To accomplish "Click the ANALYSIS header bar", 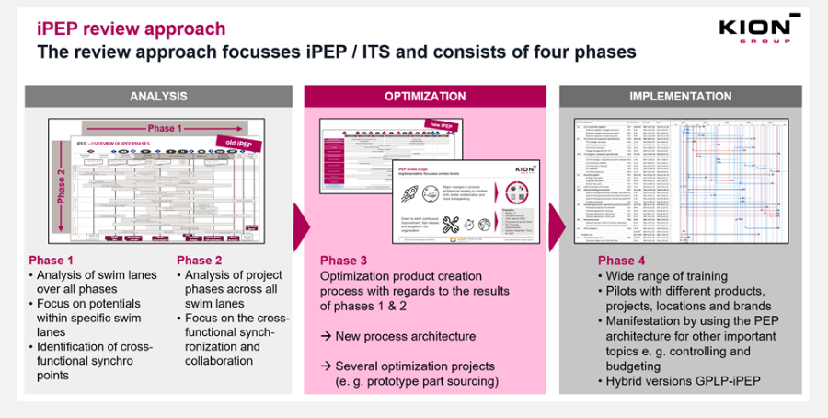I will (x=158, y=96).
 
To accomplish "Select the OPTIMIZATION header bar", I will (x=425, y=96).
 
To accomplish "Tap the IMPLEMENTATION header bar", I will (x=680, y=96).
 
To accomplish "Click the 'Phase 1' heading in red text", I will (x=53, y=260).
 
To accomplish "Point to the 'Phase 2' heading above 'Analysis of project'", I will (x=201, y=260).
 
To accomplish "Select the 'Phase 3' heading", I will (x=345, y=260).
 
